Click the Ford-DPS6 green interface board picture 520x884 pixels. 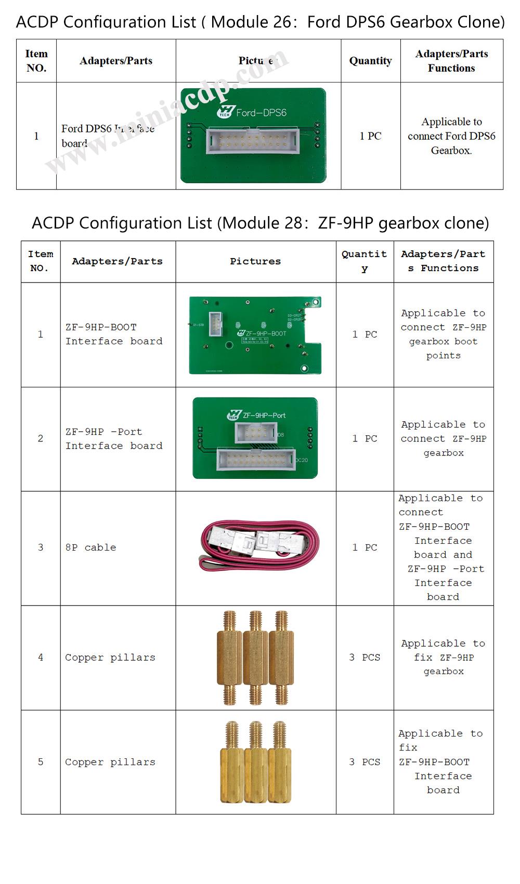point(253,136)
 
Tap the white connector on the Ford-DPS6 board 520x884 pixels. point(253,140)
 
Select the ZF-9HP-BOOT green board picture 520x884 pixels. point(255,335)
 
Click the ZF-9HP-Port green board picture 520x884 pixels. point(255,438)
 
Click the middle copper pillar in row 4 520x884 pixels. point(255,657)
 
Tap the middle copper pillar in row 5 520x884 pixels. point(255,761)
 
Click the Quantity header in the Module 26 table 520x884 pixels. point(370,61)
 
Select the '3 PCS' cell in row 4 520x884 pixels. point(365,657)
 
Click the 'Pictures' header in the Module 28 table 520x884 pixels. point(255,261)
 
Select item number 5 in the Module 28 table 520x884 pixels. point(41,761)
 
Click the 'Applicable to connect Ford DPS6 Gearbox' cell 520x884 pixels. point(451,136)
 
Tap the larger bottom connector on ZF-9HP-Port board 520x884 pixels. point(255,460)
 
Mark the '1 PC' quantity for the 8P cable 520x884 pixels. point(365,547)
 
